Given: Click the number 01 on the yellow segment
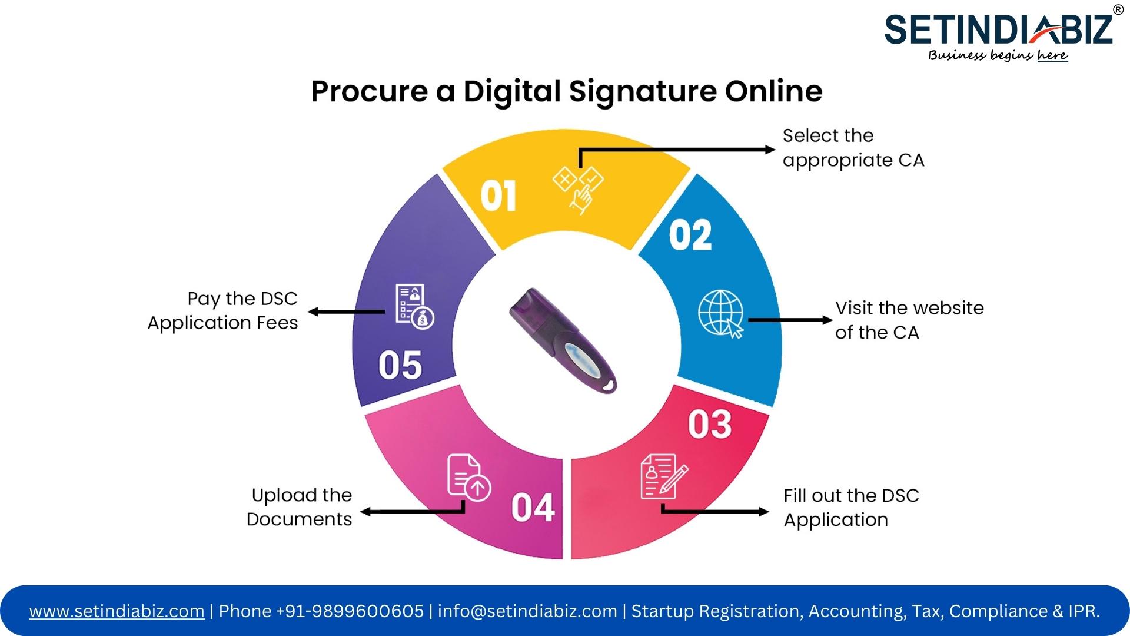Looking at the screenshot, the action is coord(498,196).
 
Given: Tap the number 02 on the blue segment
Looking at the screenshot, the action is coord(690,235).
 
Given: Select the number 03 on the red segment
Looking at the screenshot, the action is coord(710,424).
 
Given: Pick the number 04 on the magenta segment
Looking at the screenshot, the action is coord(533,507).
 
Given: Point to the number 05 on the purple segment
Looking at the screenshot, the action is coord(400,365).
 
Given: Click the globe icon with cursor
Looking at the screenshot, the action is coord(722,314).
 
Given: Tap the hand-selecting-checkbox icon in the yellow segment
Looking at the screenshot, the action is coord(579,188).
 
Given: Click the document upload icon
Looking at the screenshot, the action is coord(469,478).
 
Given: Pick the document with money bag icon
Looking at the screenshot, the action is coord(414,306).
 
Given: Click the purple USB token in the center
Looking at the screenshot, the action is coord(563,340).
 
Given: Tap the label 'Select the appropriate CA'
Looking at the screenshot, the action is coord(853,148).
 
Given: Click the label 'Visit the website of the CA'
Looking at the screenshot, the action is coord(909,320).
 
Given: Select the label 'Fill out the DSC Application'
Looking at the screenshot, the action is coord(851,508).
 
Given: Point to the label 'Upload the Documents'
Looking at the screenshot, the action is coord(300,507).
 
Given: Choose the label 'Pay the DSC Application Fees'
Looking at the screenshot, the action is coord(223,311).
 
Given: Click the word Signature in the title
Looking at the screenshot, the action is coord(643,92).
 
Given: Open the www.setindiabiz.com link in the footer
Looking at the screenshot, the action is coord(117,611).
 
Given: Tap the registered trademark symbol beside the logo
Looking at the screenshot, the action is coord(1118,9).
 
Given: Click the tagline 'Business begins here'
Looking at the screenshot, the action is coord(998,55).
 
